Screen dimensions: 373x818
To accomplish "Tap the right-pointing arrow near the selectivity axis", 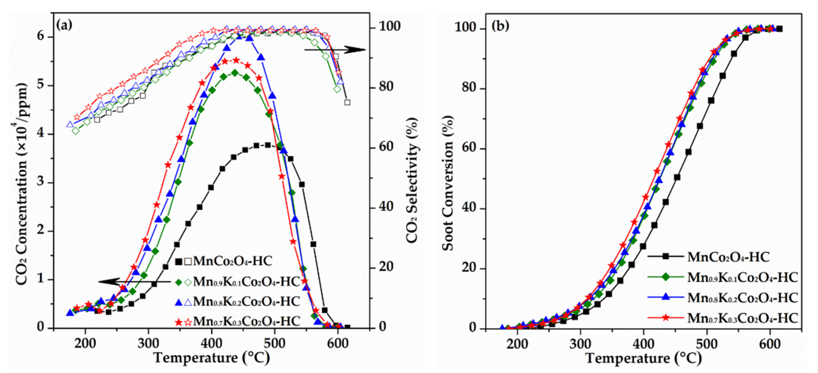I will click(335, 49).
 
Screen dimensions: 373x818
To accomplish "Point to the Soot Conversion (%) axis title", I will click(448, 183).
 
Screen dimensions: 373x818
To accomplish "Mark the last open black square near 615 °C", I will click(347, 102).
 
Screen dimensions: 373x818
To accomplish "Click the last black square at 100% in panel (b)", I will click(779, 29).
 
